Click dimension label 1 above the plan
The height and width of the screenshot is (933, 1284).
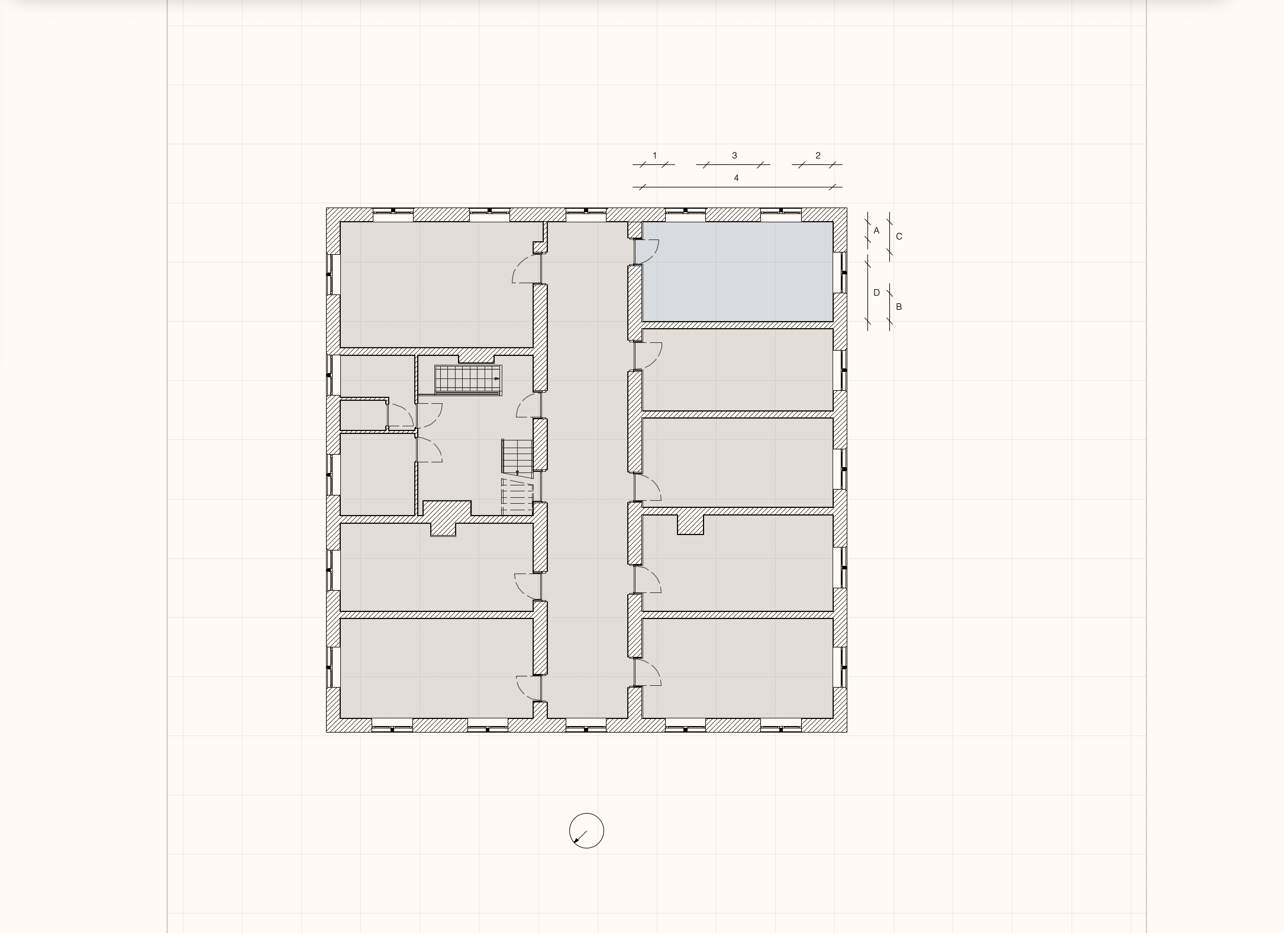pos(654,155)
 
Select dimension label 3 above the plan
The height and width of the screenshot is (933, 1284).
pos(734,155)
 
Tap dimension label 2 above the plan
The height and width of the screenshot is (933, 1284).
pos(818,155)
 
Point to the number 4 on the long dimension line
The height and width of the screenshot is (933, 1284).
pos(736,178)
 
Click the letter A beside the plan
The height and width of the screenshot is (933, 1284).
pos(876,231)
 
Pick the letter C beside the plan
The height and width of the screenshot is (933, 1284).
pos(899,237)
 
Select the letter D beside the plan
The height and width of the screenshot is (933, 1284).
pos(877,293)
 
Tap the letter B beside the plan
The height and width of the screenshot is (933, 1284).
pos(899,307)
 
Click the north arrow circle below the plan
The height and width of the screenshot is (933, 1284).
pos(586,831)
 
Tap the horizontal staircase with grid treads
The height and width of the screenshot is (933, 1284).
pos(468,380)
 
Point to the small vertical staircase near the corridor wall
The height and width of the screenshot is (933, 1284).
pos(518,456)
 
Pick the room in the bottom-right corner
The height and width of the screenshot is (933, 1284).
pos(738,668)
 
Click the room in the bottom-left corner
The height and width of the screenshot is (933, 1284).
pos(436,668)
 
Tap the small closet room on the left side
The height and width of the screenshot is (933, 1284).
pos(363,416)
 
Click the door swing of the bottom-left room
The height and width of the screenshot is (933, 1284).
pos(528,688)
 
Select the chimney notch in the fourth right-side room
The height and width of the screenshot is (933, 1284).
pos(690,524)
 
